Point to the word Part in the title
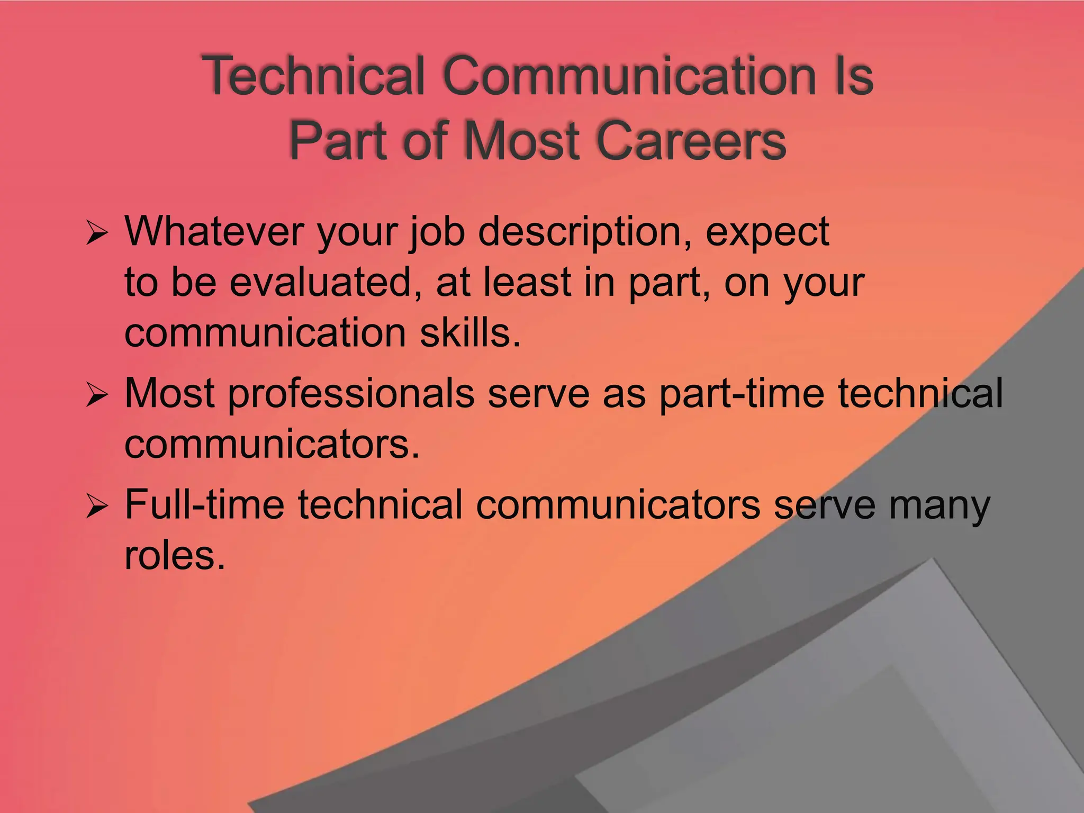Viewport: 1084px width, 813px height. click(x=342, y=140)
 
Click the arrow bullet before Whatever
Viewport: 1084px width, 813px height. click(x=96, y=233)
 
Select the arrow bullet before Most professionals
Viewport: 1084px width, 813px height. click(x=96, y=395)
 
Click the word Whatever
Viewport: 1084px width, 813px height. click(x=214, y=231)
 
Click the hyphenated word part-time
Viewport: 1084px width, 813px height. click(x=741, y=393)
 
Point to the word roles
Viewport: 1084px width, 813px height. click(x=175, y=555)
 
